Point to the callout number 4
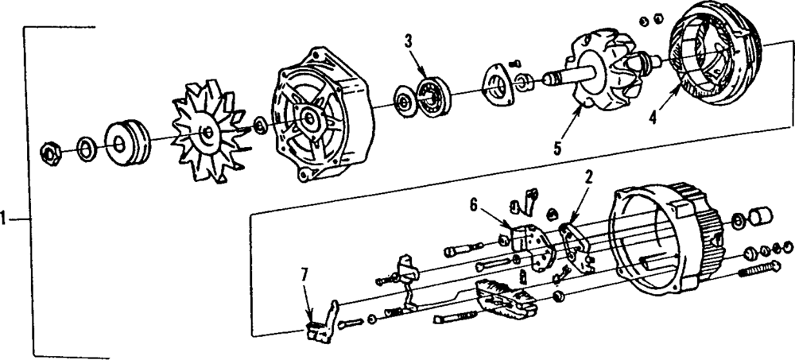click(652, 117)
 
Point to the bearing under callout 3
click(434, 94)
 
